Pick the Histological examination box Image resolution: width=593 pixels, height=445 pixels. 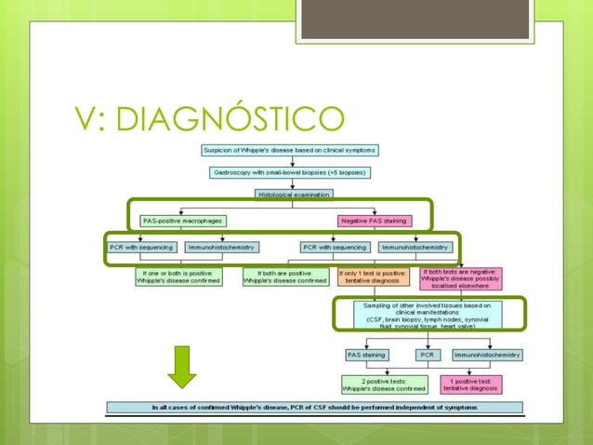(290, 195)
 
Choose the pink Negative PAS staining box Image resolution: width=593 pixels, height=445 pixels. (371, 221)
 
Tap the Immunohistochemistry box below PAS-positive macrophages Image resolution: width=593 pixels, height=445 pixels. (222, 248)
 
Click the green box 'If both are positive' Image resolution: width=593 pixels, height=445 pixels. (285, 276)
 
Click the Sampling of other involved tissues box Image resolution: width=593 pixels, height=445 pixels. (428, 315)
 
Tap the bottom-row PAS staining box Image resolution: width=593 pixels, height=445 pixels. (369, 355)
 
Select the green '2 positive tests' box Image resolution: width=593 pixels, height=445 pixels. (385, 384)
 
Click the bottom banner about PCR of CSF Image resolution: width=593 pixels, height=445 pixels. (315, 407)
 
